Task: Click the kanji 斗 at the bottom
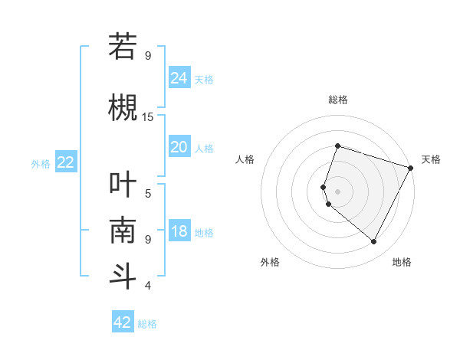(123, 276)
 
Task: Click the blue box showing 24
(179, 77)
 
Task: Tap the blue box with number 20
(179, 147)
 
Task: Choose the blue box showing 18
(179, 231)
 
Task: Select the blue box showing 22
(66, 162)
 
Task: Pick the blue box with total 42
(123, 322)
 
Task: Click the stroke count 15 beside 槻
(148, 116)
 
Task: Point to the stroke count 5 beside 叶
(148, 193)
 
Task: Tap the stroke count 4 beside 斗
(148, 286)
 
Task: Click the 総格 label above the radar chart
(337, 100)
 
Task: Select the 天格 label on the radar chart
(431, 159)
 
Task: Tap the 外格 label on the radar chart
(270, 262)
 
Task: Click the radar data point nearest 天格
(411, 168)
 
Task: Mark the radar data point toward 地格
(374, 242)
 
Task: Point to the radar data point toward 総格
(337, 146)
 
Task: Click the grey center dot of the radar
(337, 191)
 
